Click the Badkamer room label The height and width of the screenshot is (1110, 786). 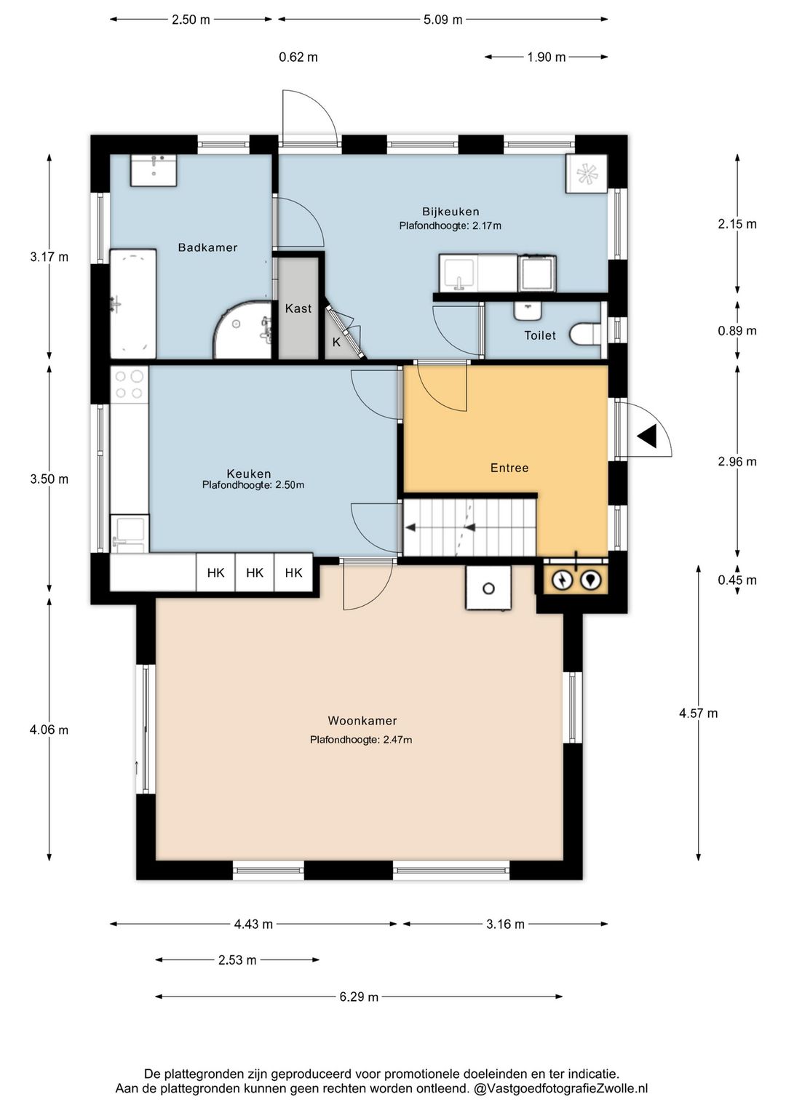[x=207, y=247]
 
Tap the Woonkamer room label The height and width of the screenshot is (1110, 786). [x=362, y=721]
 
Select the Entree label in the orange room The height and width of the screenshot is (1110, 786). [x=509, y=468]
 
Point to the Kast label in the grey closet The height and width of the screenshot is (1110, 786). [x=298, y=308]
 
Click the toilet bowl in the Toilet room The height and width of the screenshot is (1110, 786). [x=585, y=335]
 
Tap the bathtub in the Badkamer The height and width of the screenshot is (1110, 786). [x=133, y=304]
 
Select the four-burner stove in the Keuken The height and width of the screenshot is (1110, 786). [x=129, y=385]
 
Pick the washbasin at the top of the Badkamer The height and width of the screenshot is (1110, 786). [x=154, y=170]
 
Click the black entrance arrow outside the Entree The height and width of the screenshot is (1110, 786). [x=648, y=437]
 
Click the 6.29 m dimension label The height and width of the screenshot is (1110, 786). [x=359, y=997]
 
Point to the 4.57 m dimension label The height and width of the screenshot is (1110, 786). [x=698, y=713]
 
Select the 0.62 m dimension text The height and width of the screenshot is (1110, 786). [x=298, y=57]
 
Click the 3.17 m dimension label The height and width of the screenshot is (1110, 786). [x=49, y=257]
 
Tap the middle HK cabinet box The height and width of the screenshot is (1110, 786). [x=255, y=572]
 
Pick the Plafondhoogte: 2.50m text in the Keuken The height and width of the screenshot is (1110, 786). [x=253, y=485]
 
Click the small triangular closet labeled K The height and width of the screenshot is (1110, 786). [x=340, y=336]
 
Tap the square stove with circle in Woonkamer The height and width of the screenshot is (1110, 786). [x=488, y=588]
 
